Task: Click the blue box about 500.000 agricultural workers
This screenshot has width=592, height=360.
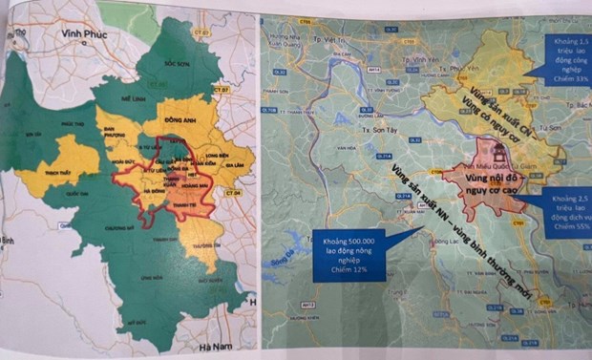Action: [x=349, y=255]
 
